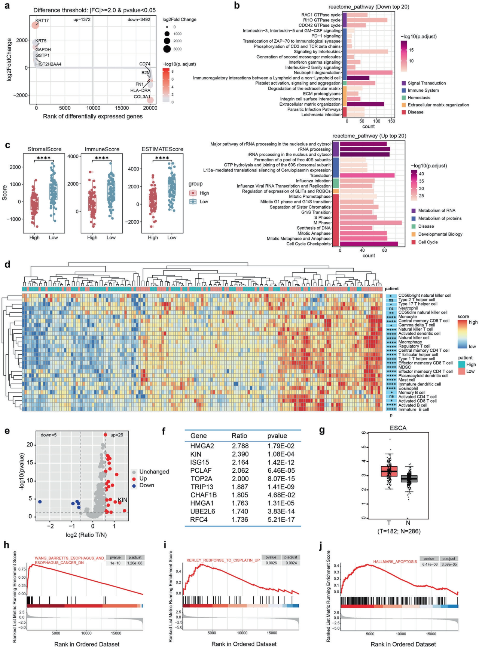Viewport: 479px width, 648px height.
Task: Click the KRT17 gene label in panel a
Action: [42, 21]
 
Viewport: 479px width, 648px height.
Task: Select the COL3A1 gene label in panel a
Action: [142, 97]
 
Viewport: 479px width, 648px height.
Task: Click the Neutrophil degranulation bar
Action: [369, 73]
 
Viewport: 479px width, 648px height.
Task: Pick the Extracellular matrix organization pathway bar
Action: [365, 104]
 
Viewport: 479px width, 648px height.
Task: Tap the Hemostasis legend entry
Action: [419, 98]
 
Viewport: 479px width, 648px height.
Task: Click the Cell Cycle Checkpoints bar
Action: [369, 244]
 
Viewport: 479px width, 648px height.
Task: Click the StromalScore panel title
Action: [45, 149]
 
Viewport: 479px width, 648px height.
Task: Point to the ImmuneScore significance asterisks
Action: [101, 158]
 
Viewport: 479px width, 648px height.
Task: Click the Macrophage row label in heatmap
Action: [410, 342]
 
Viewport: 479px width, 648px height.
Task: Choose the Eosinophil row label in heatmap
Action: [408, 388]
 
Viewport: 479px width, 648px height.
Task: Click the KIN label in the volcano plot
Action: [123, 500]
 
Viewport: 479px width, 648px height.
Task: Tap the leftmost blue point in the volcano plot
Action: [40, 502]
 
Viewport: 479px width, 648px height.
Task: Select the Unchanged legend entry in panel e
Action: [154, 472]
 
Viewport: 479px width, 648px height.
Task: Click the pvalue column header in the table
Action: [277, 436]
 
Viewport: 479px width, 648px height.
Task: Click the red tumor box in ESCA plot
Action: [389, 471]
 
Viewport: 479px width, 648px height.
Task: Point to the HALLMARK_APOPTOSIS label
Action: [395, 561]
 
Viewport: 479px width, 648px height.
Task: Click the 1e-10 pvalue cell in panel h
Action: [115, 563]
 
